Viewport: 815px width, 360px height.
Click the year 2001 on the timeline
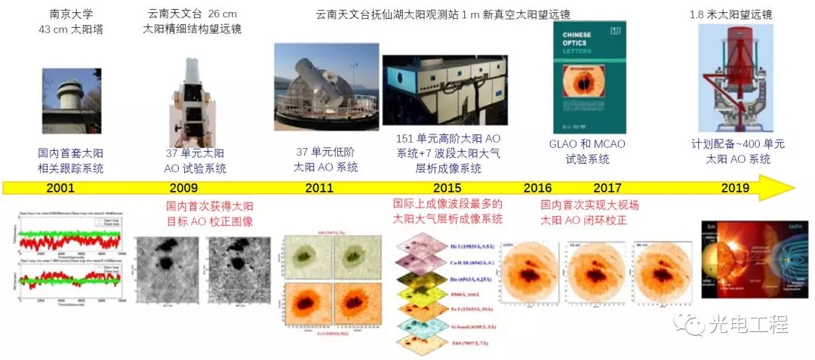pos(60,189)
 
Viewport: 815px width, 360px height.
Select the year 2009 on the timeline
pos(183,189)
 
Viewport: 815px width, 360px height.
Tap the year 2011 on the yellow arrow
pos(319,189)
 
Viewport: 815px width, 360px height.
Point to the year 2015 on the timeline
pos(448,189)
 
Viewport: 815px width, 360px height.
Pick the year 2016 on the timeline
pos(537,189)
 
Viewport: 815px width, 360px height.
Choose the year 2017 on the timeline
pos(607,189)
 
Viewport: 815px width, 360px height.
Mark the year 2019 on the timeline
pos(735,189)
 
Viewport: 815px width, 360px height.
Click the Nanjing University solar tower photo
pos(72,100)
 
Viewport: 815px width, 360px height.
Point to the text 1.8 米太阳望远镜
pos(731,14)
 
